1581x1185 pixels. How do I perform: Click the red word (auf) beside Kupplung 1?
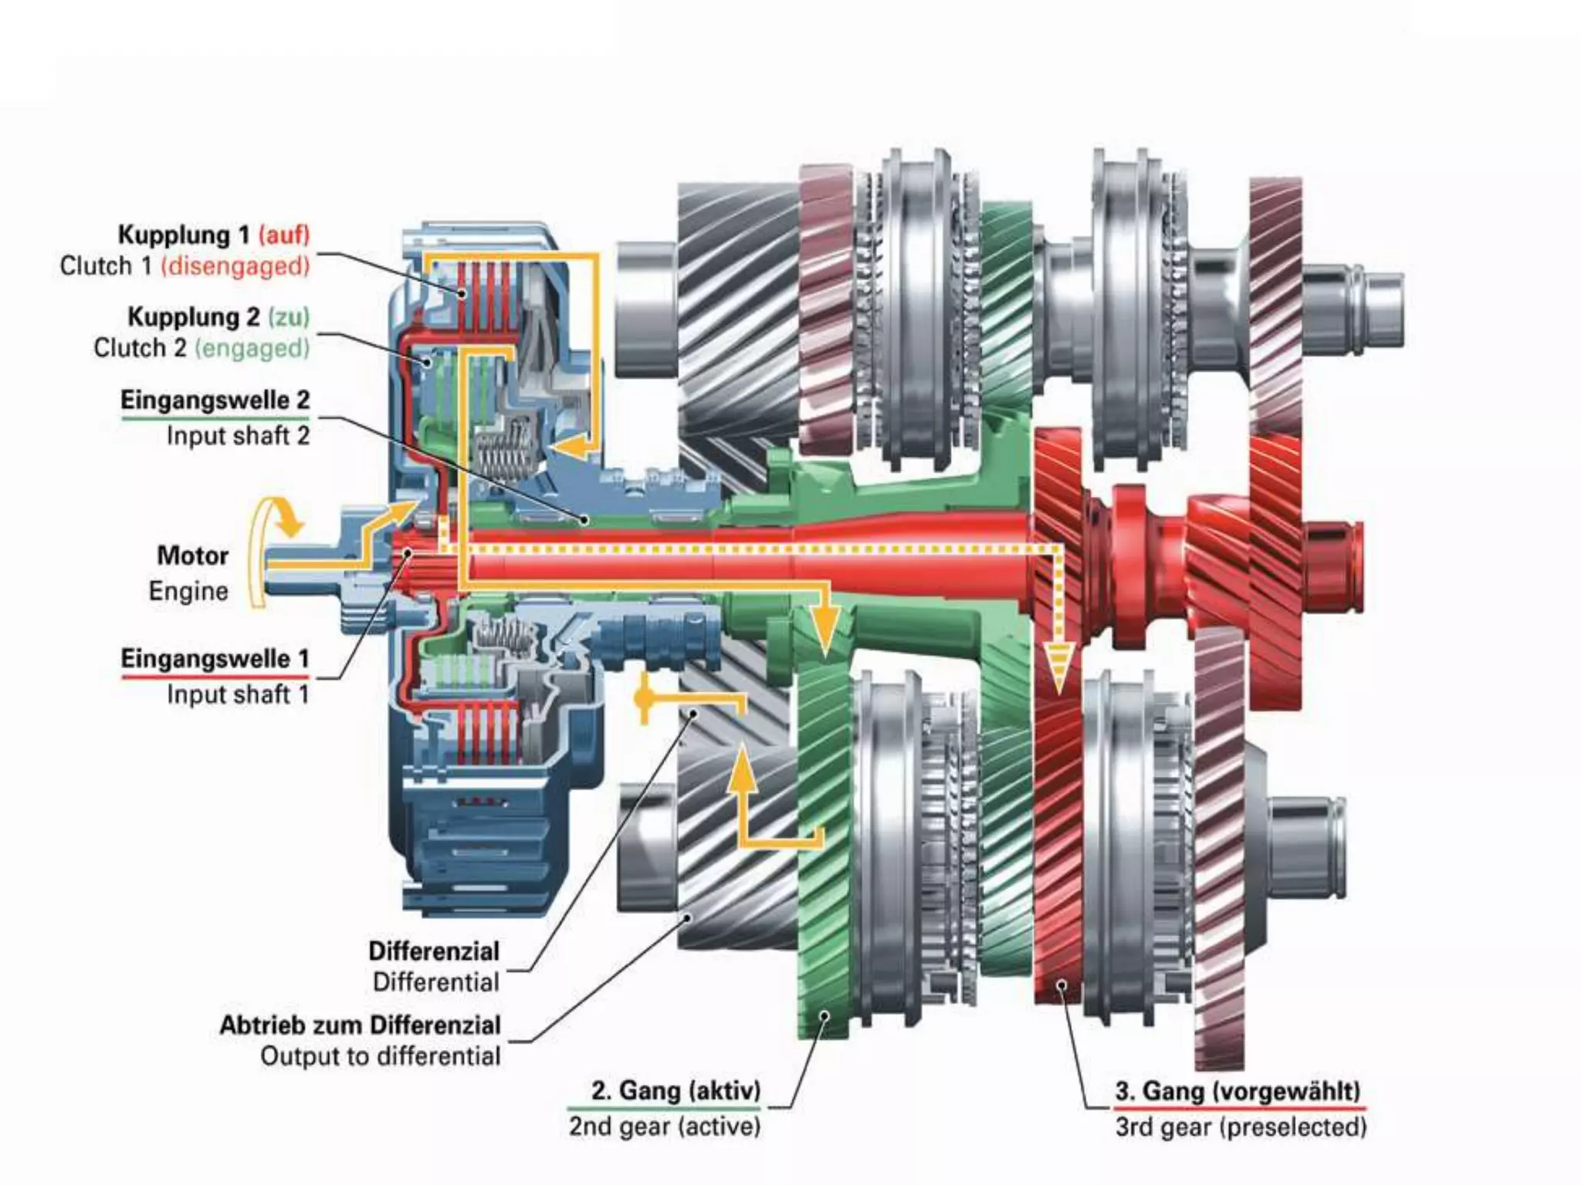284,235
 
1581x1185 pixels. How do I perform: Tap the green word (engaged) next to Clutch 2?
252,348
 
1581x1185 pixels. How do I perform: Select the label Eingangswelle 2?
215,400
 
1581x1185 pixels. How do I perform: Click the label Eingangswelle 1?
215,659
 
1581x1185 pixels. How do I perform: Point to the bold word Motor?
192,555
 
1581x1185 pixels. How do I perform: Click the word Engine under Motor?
188,591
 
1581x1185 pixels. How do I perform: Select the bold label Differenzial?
433,951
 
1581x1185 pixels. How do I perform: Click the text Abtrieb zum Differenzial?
360,1025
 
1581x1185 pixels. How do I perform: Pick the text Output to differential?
380,1056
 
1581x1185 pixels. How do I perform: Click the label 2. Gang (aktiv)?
675,1091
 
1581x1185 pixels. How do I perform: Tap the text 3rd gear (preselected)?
1241,1127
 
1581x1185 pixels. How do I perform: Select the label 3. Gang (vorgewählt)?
1237,1091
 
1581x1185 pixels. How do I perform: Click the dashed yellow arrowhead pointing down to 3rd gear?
1058,668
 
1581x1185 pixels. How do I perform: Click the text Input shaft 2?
238,436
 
